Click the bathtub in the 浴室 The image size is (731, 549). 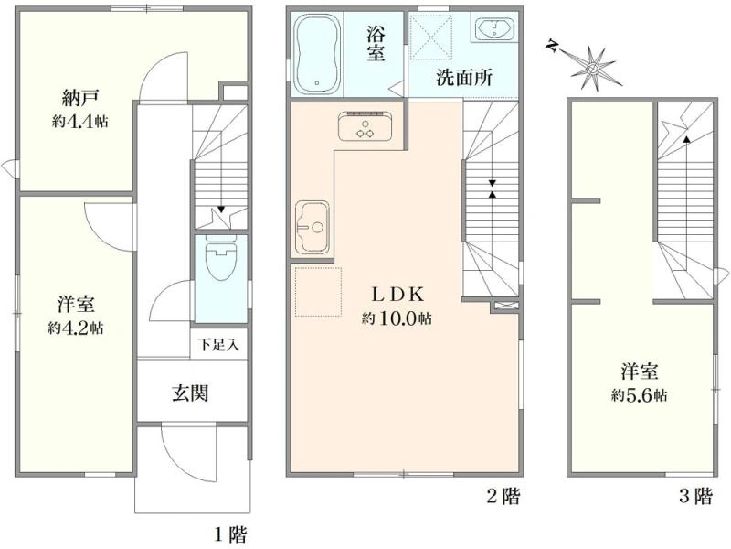click(317, 53)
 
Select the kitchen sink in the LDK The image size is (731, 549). click(313, 227)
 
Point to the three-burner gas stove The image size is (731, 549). click(365, 126)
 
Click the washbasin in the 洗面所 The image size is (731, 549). click(493, 28)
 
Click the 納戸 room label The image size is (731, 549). click(79, 98)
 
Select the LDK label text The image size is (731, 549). click(397, 295)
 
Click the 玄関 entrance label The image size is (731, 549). click(190, 393)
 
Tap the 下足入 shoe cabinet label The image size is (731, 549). click(218, 345)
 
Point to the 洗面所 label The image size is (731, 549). click(464, 78)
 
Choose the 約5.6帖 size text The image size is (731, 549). click(639, 396)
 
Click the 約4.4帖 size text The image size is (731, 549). click(79, 122)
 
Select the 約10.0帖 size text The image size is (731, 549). click(397, 318)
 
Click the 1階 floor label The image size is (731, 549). click(230, 533)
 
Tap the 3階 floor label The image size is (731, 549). click(695, 495)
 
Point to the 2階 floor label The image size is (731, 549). click(503, 495)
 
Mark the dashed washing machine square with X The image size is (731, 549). click(431, 37)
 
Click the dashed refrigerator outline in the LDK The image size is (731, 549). click(318, 292)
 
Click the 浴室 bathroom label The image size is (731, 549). click(376, 44)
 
